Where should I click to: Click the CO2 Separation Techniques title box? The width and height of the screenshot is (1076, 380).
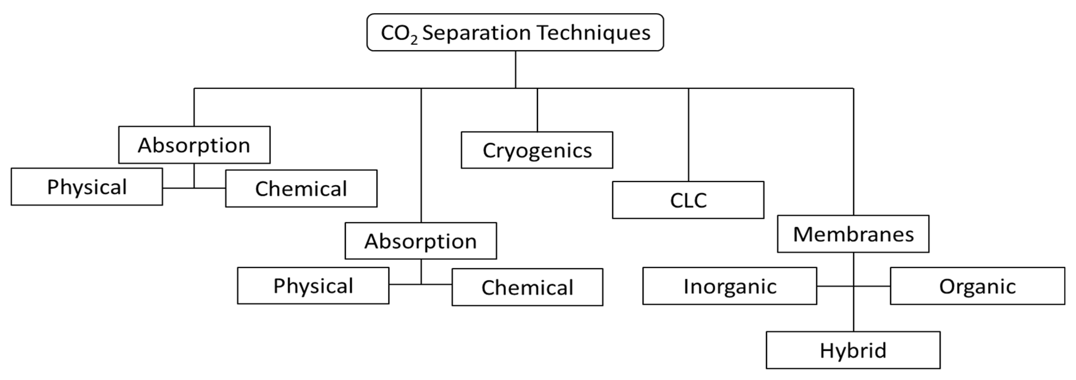click(515, 32)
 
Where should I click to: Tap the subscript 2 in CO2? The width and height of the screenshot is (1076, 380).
click(414, 40)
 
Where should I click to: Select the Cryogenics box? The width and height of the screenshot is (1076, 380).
click(537, 150)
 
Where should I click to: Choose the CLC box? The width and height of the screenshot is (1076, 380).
click(688, 200)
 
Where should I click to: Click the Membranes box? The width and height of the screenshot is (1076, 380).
click(853, 234)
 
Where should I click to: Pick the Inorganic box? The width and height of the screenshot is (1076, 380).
click(729, 286)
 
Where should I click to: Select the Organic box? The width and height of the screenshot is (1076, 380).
click(977, 286)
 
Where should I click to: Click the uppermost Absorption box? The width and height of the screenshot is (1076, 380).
click(194, 145)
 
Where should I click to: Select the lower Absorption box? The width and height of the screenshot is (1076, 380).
click(420, 241)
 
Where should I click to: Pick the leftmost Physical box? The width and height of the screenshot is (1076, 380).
click(87, 187)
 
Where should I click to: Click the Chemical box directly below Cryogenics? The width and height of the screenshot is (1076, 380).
click(527, 287)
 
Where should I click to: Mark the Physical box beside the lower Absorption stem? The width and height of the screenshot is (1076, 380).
click(313, 286)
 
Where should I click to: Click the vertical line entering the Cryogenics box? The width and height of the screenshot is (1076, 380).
click(537, 110)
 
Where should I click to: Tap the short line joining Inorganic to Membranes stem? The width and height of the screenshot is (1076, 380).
click(834, 286)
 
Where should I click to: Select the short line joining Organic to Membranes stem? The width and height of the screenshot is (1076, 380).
click(872, 286)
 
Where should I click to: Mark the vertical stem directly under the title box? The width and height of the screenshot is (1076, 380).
click(515, 69)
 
